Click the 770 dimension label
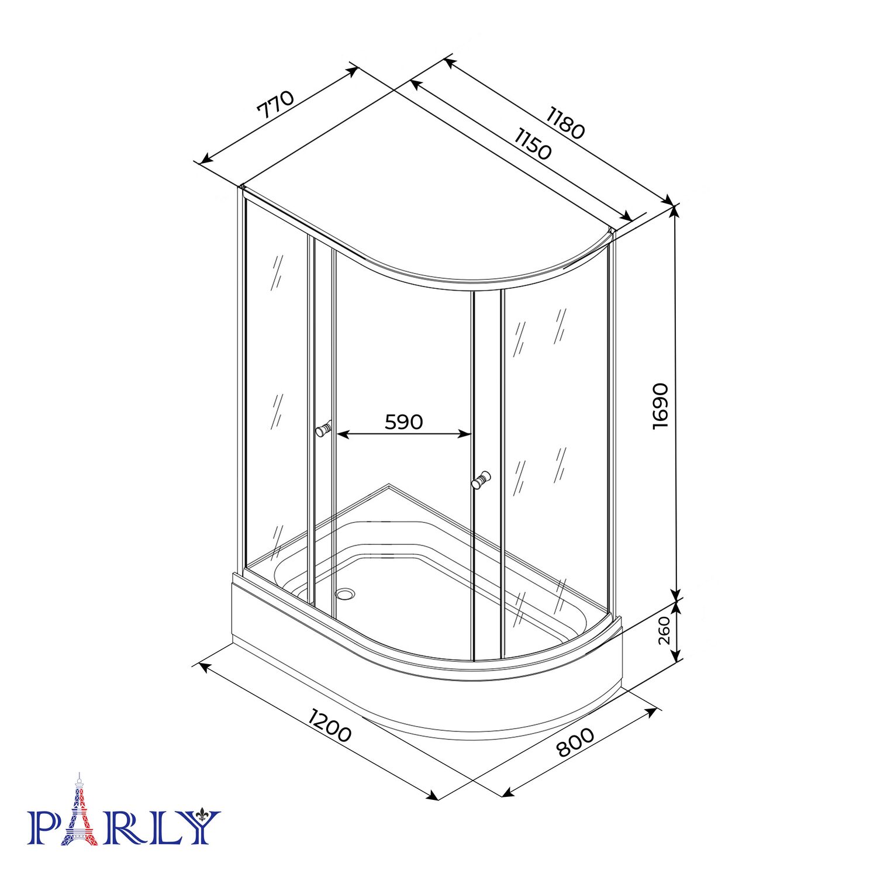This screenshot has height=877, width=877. [x=275, y=104]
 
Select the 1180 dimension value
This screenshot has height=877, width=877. [x=565, y=122]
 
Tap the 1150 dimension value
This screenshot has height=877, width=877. [x=533, y=143]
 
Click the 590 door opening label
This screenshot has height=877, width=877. [x=403, y=422]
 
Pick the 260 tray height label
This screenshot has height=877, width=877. [x=664, y=630]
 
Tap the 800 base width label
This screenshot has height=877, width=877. [x=575, y=742]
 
